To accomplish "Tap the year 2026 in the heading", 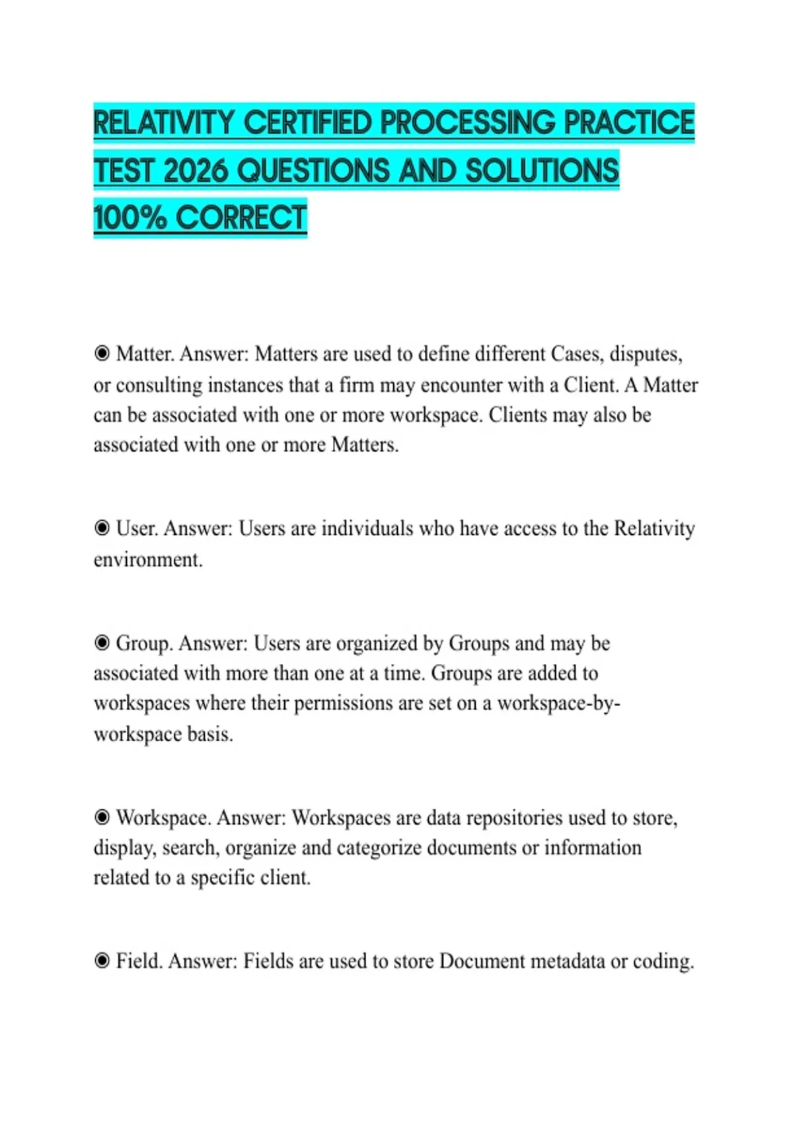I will tap(195, 171).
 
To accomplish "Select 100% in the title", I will tap(130, 218).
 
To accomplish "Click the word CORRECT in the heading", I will tap(241, 218).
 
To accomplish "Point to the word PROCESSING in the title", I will tap(467, 123).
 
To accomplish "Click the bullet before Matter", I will tap(102, 354).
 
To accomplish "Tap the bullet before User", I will tap(102, 528).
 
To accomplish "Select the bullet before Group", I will tap(102, 643).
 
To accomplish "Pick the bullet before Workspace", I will tap(102, 818).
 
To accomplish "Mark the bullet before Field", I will tap(102, 961).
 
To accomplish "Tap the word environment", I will tap(147, 560).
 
